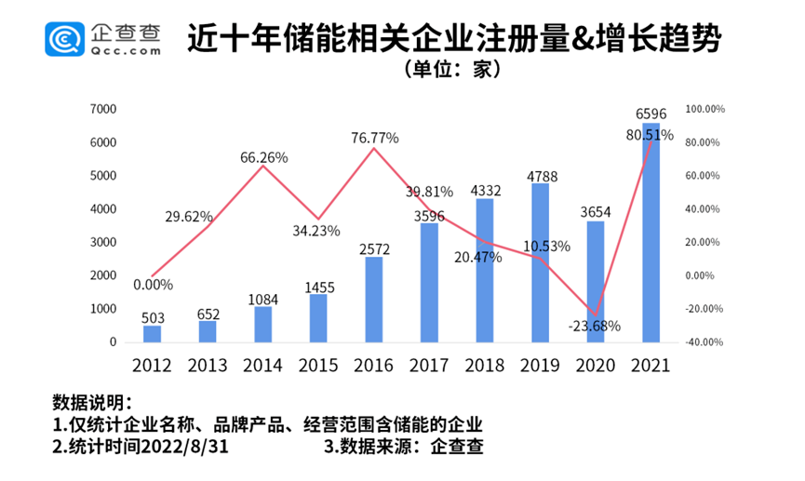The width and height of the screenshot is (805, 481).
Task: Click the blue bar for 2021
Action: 651,233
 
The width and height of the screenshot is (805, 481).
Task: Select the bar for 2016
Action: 372,299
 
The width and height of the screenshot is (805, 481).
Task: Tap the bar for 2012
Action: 152,333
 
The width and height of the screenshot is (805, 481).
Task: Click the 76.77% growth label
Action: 375,138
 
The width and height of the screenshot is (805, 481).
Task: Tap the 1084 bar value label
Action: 263,298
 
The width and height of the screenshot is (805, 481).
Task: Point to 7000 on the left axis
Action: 103,109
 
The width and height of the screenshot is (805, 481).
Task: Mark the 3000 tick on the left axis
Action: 103,242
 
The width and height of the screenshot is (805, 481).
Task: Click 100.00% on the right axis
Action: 704,109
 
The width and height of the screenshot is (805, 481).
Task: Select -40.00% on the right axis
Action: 704,342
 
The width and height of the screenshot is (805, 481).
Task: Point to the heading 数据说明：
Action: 92,404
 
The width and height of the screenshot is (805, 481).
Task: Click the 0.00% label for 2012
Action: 152,285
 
